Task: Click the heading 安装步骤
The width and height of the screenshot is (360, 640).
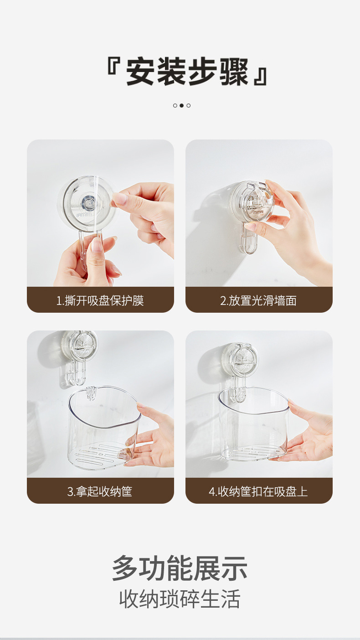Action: click(x=187, y=72)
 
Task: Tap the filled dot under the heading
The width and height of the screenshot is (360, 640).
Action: click(x=181, y=105)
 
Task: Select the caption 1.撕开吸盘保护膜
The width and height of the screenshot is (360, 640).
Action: click(x=100, y=300)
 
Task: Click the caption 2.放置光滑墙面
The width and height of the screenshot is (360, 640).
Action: click(x=258, y=300)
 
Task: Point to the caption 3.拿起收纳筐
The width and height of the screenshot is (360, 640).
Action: click(x=100, y=491)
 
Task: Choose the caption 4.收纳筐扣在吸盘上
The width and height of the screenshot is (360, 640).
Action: click(x=258, y=491)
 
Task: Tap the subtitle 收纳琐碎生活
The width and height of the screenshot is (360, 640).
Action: click(x=180, y=599)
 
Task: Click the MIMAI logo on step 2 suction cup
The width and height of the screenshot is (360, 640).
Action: click(x=258, y=212)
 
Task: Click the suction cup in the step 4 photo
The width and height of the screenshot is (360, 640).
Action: click(x=241, y=359)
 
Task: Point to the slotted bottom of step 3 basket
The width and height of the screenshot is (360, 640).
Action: click(x=98, y=454)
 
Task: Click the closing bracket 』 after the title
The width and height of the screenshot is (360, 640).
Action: click(x=261, y=77)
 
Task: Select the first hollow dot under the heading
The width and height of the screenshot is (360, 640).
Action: click(x=175, y=105)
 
